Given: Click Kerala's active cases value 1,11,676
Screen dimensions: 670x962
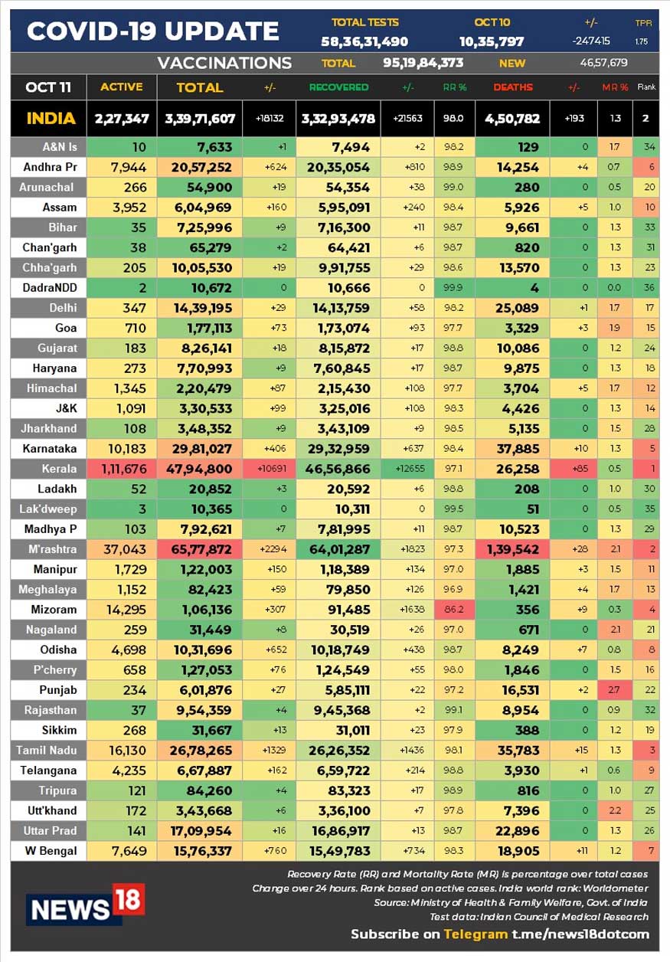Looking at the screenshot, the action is pyautogui.click(x=124, y=469).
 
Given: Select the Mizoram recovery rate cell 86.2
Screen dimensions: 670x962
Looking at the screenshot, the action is pyautogui.click(x=453, y=610).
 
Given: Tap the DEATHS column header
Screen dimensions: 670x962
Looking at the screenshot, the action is pyautogui.click(x=513, y=87).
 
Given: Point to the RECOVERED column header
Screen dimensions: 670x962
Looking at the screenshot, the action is pyautogui.click(x=338, y=87).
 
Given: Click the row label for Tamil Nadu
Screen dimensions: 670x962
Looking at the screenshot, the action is pyautogui.click(x=47, y=751).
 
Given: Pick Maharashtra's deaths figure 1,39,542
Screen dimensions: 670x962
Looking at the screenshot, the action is pyautogui.click(x=513, y=549).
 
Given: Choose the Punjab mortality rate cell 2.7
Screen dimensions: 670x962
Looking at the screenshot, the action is pyautogui.click(x=614, y=690).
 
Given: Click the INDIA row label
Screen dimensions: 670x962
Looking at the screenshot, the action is pyautogui.click(x=51, y=118).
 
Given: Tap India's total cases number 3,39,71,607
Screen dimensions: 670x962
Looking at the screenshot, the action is pyautogui.click(x=200, y=119).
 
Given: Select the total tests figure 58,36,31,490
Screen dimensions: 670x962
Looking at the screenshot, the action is pyautogui.click(x=364, y=41).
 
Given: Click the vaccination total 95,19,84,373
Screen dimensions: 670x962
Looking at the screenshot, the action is pyautogui.click(x=423, y=63).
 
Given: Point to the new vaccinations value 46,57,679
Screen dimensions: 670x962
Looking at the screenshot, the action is pyautogui.click(x=603, y=63).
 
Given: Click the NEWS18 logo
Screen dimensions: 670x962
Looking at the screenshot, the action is pyautogui.click(x=86, y=905).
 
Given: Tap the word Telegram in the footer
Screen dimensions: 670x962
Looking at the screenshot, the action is pyautogui.click(x=476, y=934).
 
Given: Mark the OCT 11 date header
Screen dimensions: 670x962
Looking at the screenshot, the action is pyautogui.click(x=48, y=87).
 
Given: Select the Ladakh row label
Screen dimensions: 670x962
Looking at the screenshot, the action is pyautogui.click(x=57, y=489).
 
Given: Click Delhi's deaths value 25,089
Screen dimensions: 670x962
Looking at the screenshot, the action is pyautogui.click(x=517, y=308).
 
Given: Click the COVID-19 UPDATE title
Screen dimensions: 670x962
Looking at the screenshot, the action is pyautogui.click(x=153, y=31).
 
